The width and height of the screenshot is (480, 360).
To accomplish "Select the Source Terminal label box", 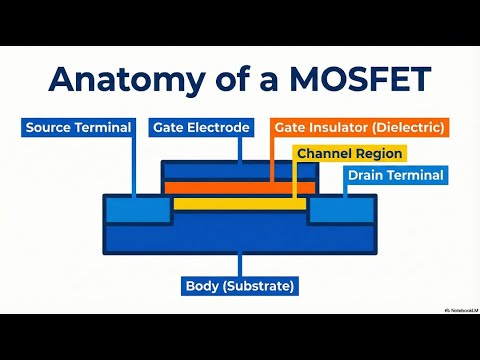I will point(78,128).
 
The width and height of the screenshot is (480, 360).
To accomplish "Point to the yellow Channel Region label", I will point(349,153).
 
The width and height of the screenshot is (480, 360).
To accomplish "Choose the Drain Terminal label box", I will point(396,176).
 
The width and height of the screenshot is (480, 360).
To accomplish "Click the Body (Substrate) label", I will point(240,286).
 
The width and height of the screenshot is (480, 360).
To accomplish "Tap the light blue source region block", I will point(138,209).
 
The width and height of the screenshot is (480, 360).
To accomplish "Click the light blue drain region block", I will point(342,209).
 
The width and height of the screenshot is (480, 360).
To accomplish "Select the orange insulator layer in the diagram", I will point(240,188).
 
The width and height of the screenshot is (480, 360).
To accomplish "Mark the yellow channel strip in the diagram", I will point(240,203).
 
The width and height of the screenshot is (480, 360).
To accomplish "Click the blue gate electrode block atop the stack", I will point(240,171).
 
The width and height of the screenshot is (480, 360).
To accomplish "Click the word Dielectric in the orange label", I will point(405,128).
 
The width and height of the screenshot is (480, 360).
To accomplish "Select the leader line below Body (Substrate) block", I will point(240,264).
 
